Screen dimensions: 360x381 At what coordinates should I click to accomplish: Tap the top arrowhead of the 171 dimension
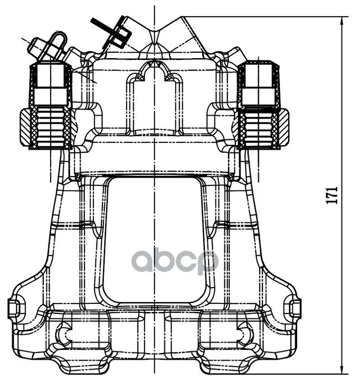[x=342, y=20]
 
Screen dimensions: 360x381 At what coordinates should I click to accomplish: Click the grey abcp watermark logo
[x=175, y=261]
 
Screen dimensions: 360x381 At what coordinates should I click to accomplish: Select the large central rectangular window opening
[x=155, y=240]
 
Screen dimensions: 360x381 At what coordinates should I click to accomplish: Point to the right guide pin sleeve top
[x=258, y=73]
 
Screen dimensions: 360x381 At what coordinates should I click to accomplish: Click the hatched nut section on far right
[x=284, y=127]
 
